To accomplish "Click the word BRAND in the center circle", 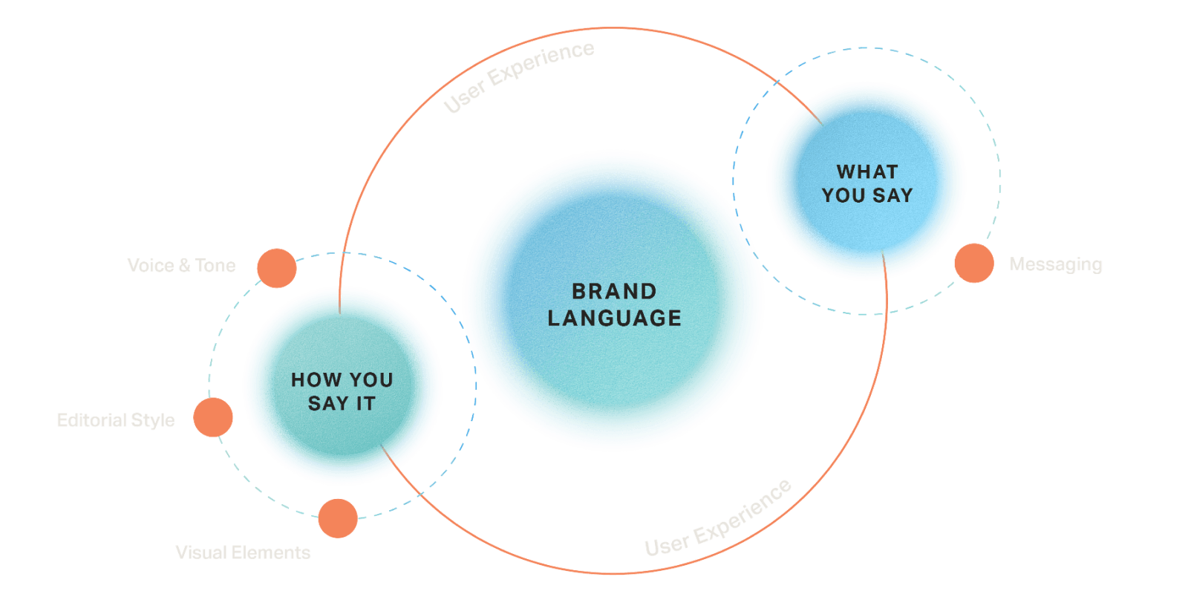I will (x=614, y=291).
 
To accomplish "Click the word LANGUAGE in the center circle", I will (x=614, y=318).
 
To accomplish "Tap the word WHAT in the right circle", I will (x=867, y=172).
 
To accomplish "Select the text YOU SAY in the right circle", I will (x=867, y=195).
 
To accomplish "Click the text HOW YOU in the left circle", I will (x=342, y=380).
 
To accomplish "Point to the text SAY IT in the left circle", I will (x=342, y=404).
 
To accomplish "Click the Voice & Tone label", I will (x=181, y=266).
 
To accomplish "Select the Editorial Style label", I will (x=116, y=420).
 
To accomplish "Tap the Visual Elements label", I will (x=243, y=552).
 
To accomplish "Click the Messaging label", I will (x=1055, y=264).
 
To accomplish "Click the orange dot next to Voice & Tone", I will (x=276, y=268).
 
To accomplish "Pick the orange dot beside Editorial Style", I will (x=213, y=417).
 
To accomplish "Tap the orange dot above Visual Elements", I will (x=338, y=518).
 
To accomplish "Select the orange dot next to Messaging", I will (x=973, y=263).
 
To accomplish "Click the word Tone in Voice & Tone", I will (x=215, y=266).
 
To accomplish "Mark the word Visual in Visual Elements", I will (x=200, y=552).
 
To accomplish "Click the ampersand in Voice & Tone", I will (x=185, y=266).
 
